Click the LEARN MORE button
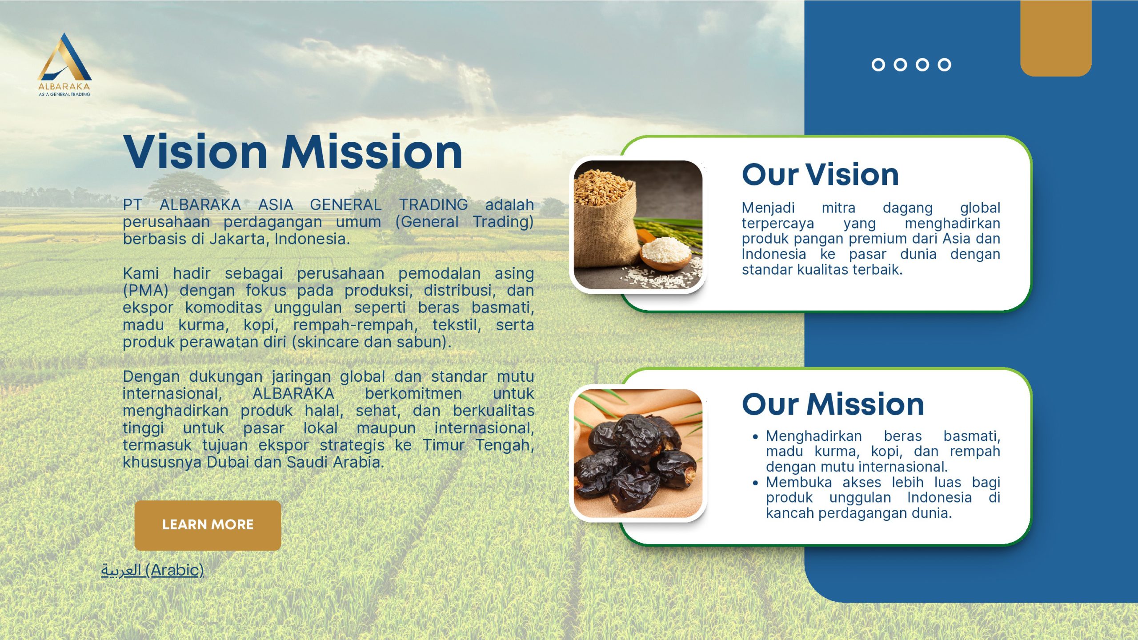[x=208, y=525]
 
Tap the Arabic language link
[x=152, y=570]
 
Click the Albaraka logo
[x=64, y=64]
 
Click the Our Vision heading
[x=820, y=174]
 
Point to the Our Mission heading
[x=833, y=404]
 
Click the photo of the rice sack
[x=638, y=225]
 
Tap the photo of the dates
[x=638, y=453]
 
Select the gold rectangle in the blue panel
[x=1056, y=38]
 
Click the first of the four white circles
[x=878, y=65]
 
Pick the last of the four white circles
[x=945, y=65]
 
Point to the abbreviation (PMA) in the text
[x=145, y=291]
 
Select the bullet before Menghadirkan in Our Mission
[x=755, y=437]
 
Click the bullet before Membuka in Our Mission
[x=755, y=483]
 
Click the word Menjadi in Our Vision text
[x=768, y=208]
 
